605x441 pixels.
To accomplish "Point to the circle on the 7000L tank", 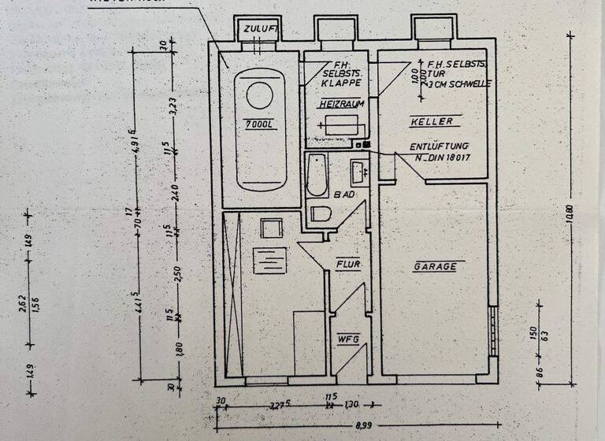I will [259, 94].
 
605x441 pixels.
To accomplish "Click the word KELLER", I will [432, 122].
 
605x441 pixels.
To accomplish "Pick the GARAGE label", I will [435, 266].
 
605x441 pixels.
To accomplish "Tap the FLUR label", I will [348, 264].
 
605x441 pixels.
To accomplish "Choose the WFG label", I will [348, 339].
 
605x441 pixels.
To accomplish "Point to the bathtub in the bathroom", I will [317, 175].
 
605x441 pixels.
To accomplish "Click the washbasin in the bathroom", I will [358, 169].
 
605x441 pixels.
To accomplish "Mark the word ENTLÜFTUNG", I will [440, 146].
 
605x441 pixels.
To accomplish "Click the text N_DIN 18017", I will [443, 158].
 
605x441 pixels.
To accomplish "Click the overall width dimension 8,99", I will [362, 425].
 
